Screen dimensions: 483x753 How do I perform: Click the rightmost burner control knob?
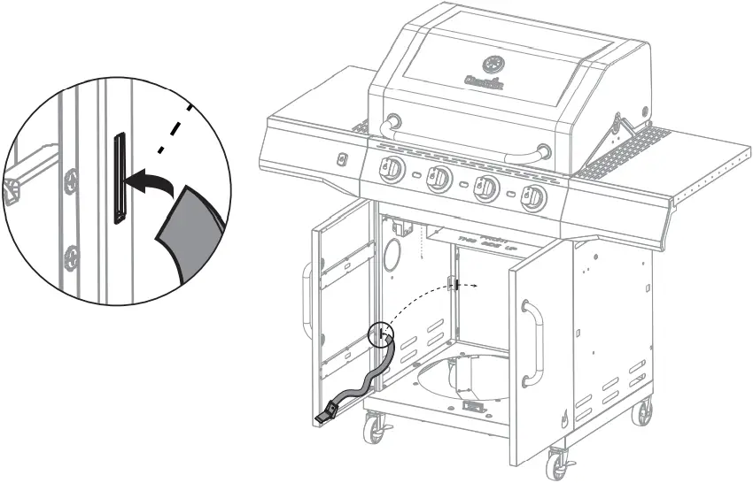click(x=532, y=200)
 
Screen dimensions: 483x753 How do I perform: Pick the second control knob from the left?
click(x=439, y=180)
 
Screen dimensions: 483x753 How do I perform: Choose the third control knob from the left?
click(x=485, y=189)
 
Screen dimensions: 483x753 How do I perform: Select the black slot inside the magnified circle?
click(x=118, y=176)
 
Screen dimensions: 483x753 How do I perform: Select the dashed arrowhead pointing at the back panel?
click(x=476, y=286)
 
